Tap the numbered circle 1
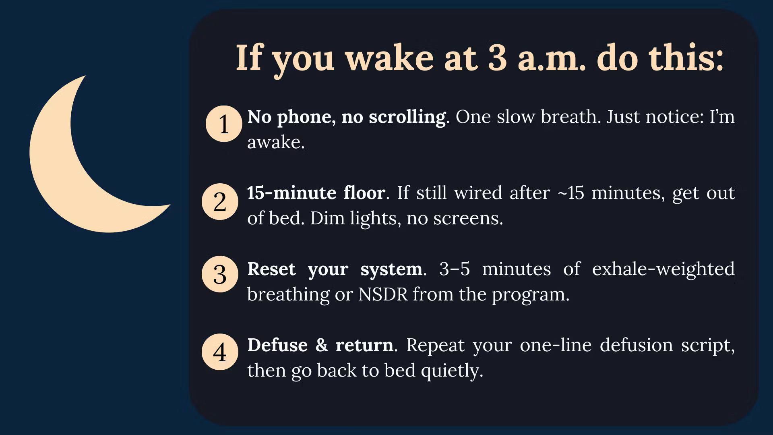(224, 124)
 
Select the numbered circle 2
(220, 201)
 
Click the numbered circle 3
(220, 274)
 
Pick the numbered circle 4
(220, 352)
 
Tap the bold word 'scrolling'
(407, 117)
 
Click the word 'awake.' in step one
(276, 142)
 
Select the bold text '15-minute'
(291, 193)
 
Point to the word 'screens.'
(468, 219)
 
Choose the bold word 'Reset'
(271, 269)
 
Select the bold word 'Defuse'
(277, 345)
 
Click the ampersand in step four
(322, 345)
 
